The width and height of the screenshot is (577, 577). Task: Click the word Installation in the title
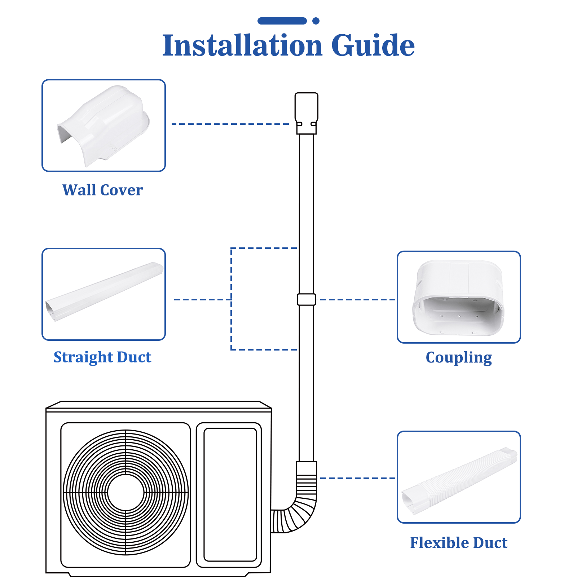click(x=242, y=45)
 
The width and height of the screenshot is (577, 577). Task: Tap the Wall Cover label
click(x=102, y=190)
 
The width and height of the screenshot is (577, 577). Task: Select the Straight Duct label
click(x=102, y=357)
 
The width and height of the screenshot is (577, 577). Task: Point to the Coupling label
click(x=459, y=357)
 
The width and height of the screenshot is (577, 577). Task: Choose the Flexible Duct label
click(x=459, y=543)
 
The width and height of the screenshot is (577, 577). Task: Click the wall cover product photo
click(x=104, y=125)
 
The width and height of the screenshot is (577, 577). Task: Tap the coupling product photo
click(x=459, y=297)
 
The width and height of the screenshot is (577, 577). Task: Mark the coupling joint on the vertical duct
click(x=306, y=299)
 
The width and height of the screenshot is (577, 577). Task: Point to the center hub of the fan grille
click(x=125, y=492)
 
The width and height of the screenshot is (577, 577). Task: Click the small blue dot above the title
click(x=316, y=21)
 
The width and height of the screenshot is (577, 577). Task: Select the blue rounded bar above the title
click(x=282, y=21)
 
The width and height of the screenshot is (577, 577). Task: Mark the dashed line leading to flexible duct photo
click(x=357, y=478)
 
